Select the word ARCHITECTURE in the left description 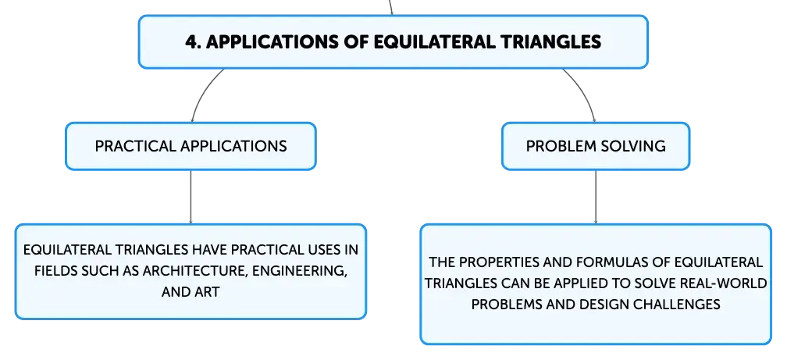tap(194, 271)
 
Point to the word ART tap(208, 292)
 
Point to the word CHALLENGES tap(682, 305)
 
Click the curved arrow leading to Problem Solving tap(585, 92)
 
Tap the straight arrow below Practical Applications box tap(191, 197)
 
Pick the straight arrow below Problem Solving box tap(596, 197)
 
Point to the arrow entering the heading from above tap(390, 7)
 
